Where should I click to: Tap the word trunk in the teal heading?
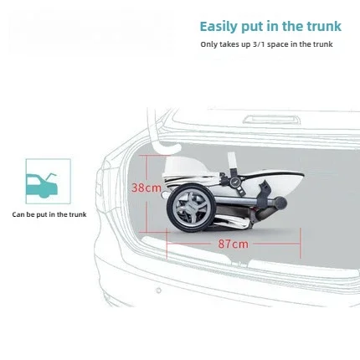(324, 26)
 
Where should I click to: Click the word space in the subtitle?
(278, 44)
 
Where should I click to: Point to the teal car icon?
(42, 185)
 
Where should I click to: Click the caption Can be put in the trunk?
(49, 214)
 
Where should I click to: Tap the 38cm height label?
(147, 188)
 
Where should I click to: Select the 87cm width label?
(234, 244)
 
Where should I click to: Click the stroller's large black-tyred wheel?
(189, 208)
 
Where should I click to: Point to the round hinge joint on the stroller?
(234, 182)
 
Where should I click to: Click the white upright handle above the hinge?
(232, 162)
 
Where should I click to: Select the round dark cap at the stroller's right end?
(280, 202)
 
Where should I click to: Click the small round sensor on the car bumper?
(158, 291)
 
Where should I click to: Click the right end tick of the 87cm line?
(301, 243)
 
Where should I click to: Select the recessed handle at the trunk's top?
(271, 120)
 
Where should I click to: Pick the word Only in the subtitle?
(209, 44)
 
